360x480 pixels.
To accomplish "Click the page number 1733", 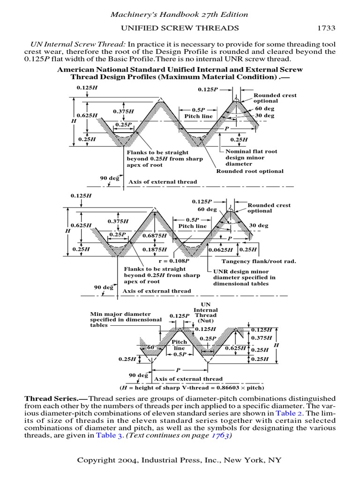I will click(327, 28).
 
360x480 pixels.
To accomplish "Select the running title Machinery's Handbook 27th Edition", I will click(180, 15).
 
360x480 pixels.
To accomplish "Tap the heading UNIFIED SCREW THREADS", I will click(180, 28).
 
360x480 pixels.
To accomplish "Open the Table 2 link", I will click(289, 413).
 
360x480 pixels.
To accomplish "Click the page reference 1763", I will click(218, 435).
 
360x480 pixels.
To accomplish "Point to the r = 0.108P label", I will click(174, 261).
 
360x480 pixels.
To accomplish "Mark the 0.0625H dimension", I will click(222, 249).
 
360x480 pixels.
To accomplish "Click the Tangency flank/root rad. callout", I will click(259, 261).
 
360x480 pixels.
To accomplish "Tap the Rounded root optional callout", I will click(249, 171).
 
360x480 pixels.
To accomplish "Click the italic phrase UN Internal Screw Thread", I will click(74, 44).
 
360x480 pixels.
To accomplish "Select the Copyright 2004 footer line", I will click(180, 460).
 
